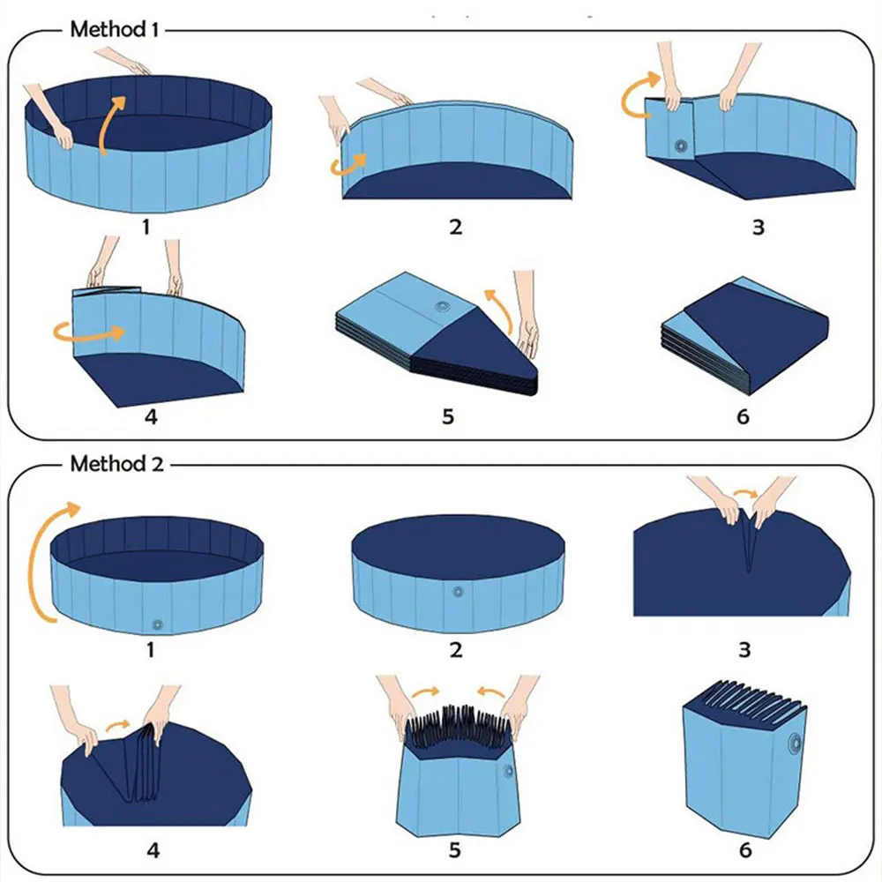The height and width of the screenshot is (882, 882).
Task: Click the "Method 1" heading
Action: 115,29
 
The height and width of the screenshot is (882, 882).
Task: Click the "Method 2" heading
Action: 116,463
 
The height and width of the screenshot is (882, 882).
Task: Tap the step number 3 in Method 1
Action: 758,227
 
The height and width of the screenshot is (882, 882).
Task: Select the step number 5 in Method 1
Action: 448,415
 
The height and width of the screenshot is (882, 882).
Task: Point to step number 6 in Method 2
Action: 745,850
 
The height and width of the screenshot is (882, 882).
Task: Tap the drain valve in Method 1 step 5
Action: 443,309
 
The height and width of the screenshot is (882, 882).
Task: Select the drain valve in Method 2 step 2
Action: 457,592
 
